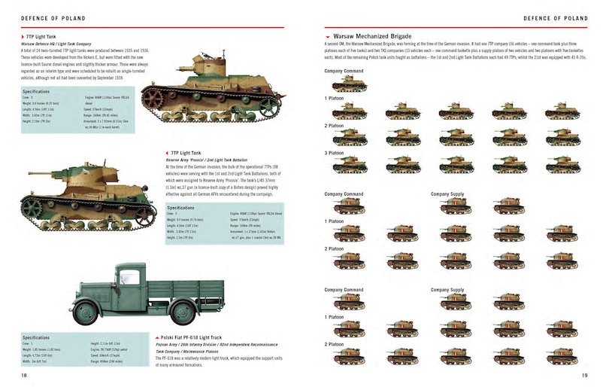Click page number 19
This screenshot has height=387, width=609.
click(584, 374)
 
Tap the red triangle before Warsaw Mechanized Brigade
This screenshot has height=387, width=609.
click(328, 37)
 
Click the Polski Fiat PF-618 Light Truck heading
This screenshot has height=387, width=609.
click(194, 337)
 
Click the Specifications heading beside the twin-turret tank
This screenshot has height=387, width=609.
click(41, 90)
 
